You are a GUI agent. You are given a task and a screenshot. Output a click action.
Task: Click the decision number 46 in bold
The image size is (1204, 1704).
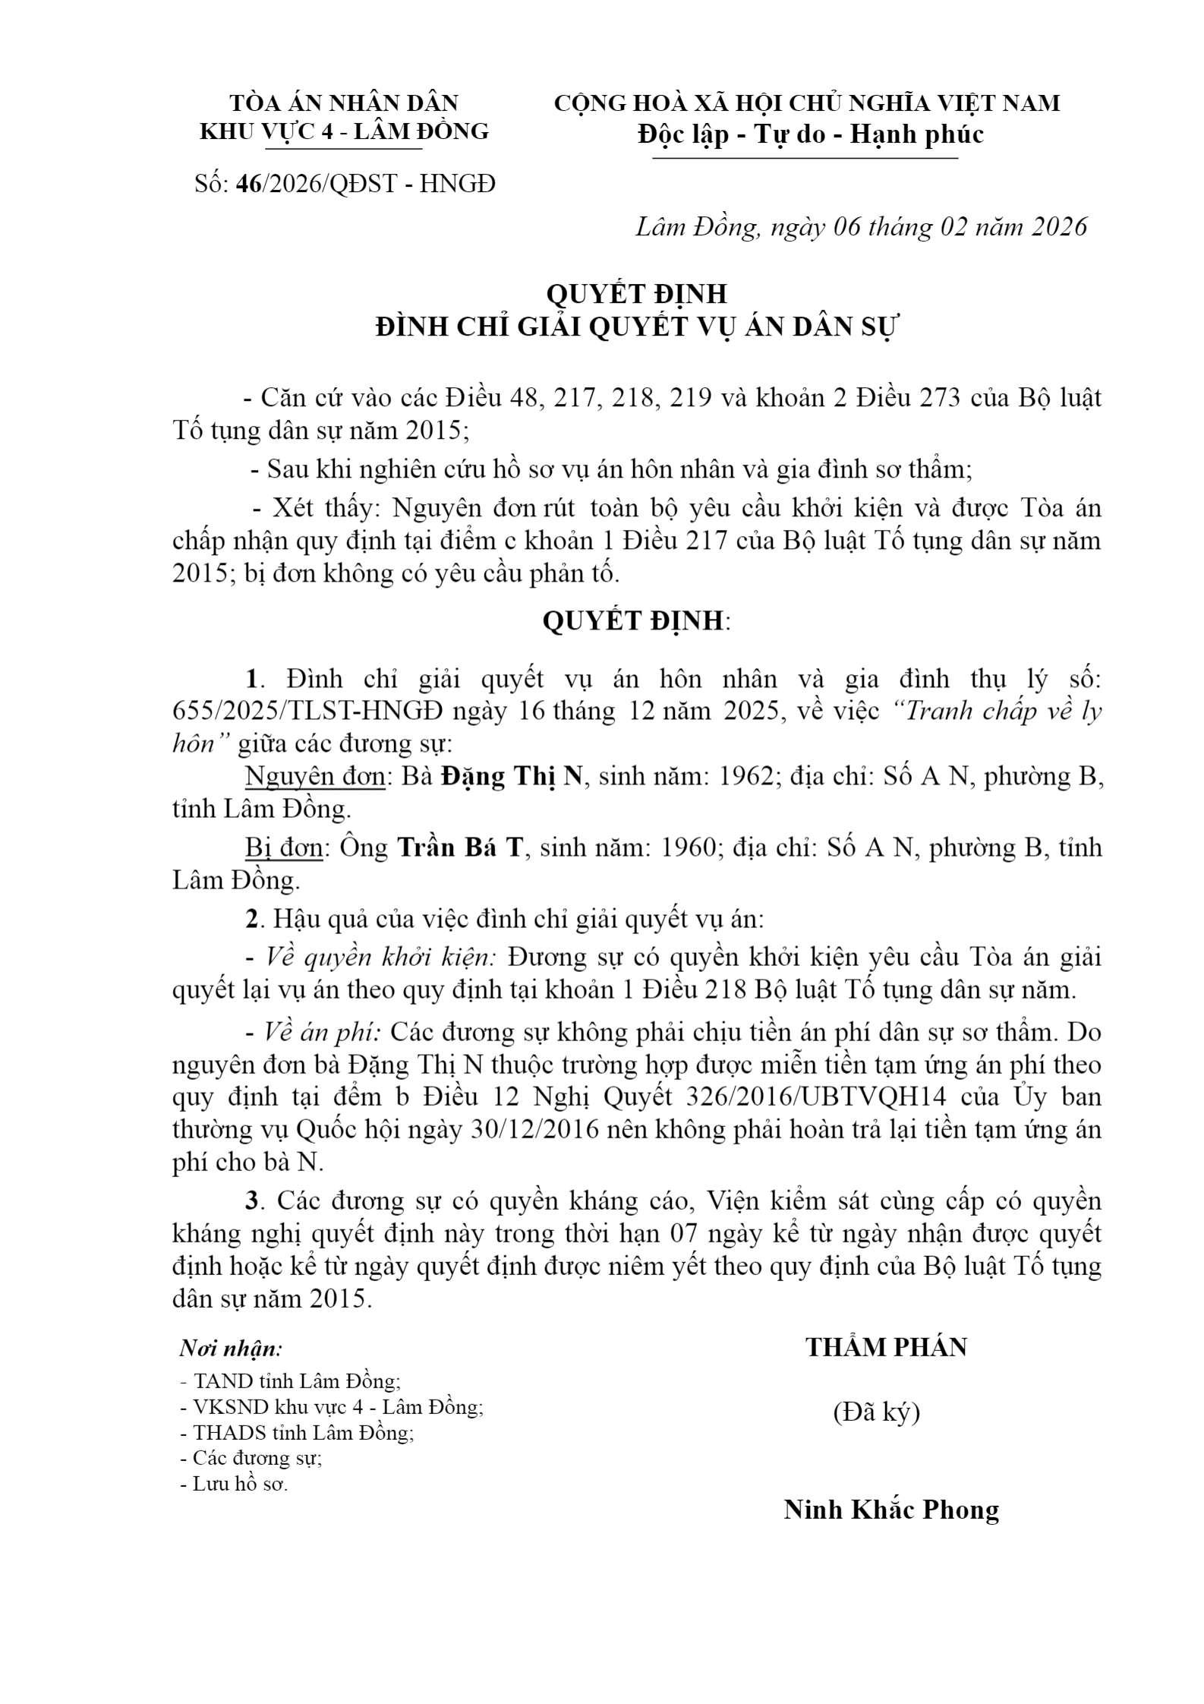click(x=248, y=184)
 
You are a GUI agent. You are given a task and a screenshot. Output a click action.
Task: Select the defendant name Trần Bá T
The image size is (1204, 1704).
click(x=461, y=847)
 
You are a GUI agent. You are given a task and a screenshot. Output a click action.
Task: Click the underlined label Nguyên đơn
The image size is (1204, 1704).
click(x=315, y=777)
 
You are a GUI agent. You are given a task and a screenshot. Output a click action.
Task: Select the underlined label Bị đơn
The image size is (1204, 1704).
click(x=285, y=847)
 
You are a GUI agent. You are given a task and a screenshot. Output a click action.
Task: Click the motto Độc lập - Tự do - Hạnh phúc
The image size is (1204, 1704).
click(x=811, y=134)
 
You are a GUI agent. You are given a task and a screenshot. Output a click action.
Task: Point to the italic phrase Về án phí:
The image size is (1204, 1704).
click(x=323, y=1033)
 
